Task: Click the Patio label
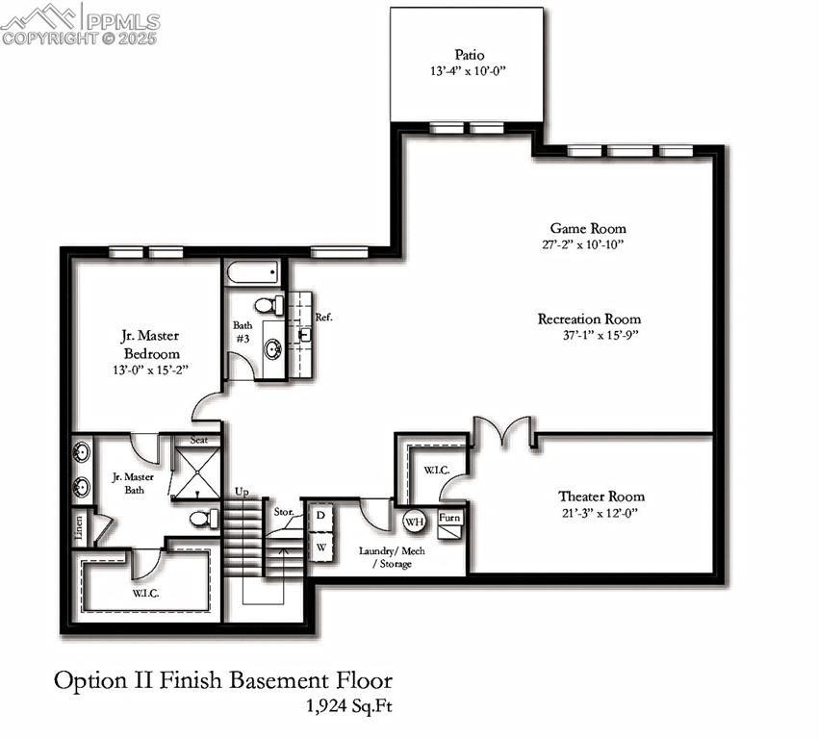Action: (470, 55)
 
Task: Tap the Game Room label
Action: (588, 228)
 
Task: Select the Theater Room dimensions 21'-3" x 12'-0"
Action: (601, 513)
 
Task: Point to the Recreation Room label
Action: (590, 319)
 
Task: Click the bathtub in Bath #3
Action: (253, 272)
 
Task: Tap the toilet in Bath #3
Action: (269, 305)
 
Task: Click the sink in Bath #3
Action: (272, 348)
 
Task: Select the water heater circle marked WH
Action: (414, 522)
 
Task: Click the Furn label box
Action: (449, 518)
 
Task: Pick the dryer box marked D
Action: (320, 516)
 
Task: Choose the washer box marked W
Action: (320, 548)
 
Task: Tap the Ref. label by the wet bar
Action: (324, 318)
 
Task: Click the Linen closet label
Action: (79, 527)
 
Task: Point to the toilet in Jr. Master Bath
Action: (204, 519)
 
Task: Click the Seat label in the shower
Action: (199, 440)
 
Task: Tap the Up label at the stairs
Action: (242, 492)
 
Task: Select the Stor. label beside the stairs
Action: (284, 512)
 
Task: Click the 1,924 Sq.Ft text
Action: (349, 705)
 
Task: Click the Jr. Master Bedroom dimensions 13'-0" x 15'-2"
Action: (150, 370)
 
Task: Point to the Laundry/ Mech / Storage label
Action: (392, 557)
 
